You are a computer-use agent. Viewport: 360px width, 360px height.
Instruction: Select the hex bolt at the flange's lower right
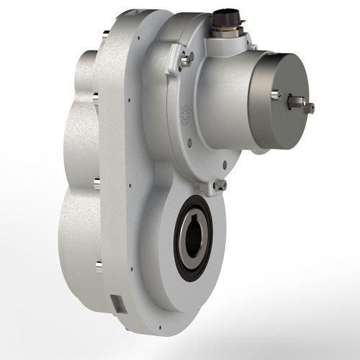[220, 186]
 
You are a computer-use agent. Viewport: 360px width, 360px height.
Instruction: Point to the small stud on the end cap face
[276, 94]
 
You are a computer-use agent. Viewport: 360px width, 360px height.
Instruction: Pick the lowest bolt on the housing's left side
[99, 266]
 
